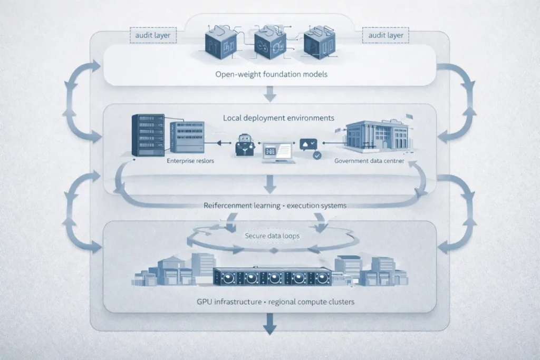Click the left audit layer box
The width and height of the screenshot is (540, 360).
pyautogui.click(x=153, y=36)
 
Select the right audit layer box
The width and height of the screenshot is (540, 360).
pyautogui.click(x=386, y=36)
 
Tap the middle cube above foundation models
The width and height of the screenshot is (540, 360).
pyautogui.click(x=269, y=41)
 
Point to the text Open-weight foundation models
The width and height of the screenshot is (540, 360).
pyautogui.click(x=271, y=74)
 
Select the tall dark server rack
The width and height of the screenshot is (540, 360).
pyautogui.click(x=148, y=135)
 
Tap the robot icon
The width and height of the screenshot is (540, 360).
pyautogui.click(x=244, y=144)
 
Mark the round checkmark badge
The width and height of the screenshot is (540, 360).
pyautogui.click(x=316, y=155)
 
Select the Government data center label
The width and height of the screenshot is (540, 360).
pyautogui.click(x=369, y=161)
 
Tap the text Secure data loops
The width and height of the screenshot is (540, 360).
pyautogui.click(x=272, y=236)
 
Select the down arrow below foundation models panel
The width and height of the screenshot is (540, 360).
pyautogui.click(x=270, y=94)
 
